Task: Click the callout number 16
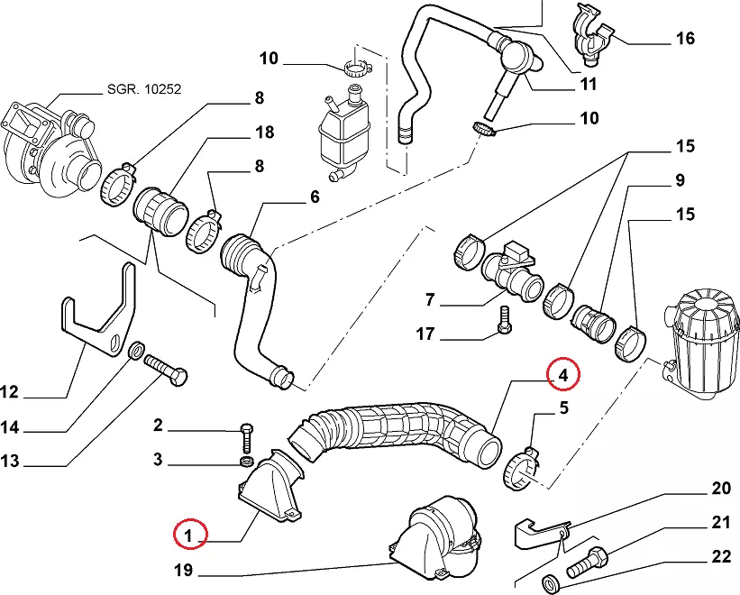pyautogui.click(x=685, y=38)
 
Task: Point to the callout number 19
pyautogui.click(x=185, y=570)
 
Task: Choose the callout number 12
pyautogui.click(x=9, y=392)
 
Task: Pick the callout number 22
pyautogui.click(x=721, y=557)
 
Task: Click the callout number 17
pyautogui.click(x=424, y=334)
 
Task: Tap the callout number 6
pyautogui.click(x=315, y=197)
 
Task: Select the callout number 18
pyautogui.click(x=263, y=133)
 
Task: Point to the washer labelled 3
pyautogui.click(x=245, y=462)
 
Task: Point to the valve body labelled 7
pyautogui.click(x=510, y=274)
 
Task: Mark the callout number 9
pyautogui.click(x=680, y=180)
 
